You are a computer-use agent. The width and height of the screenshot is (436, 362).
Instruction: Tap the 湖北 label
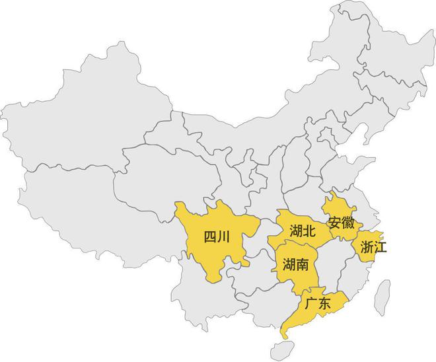coord(303,231)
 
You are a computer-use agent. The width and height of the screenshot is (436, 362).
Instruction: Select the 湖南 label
coord(295,266)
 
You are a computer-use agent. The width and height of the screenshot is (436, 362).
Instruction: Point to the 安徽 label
coord(340,222)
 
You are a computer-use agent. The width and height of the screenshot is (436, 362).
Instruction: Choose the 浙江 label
coord(374,248)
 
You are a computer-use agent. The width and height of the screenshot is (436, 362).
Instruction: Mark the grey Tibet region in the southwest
coord(86,205)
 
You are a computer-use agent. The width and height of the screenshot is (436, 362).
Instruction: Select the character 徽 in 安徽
coord(347,222)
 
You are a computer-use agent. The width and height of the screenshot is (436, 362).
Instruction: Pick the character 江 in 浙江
coord(381,248)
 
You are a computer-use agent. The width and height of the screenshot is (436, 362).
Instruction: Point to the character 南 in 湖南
coord(303,266)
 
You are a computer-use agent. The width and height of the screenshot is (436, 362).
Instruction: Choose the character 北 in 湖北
coord(310,231)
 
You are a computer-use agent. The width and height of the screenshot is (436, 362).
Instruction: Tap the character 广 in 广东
coord(310,304)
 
